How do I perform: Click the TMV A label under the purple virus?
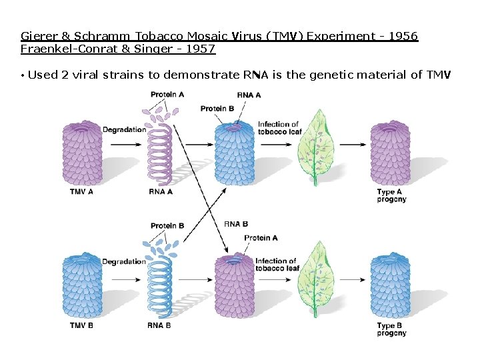[x=81, y=191]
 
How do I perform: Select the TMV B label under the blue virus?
[x=81, y=325]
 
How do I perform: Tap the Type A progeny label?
[x=391, y=195]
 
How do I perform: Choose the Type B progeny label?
[x=391, y=329]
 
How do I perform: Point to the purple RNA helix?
[x=160, y=153]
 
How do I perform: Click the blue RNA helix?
[x=160, y=287]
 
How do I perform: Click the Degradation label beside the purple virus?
[x=124, y=129]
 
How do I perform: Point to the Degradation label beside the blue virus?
[x=124, y=261]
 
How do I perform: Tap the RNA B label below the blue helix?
[x=159, y=325]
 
